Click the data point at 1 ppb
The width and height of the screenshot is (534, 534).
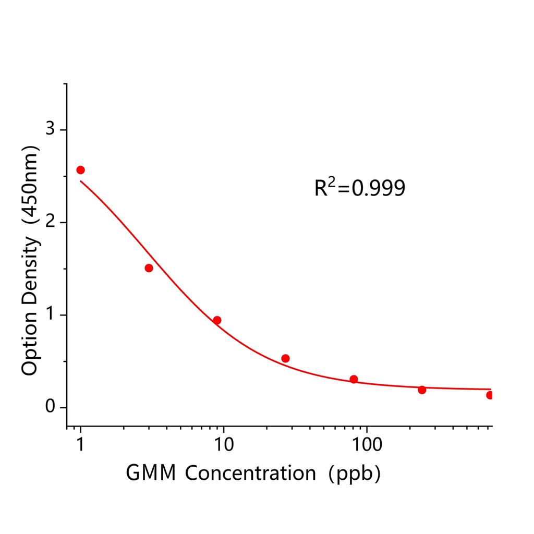pyautogui.click(x=80, y=170)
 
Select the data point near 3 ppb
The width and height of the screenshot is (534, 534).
pyautogui.click(x=149, y=268)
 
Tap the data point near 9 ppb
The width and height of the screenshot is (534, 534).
pyautogui.click(x=217, y=320)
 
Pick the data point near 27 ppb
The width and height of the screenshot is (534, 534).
pyautogui.click(x=285, y=358)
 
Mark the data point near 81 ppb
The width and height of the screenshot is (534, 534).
pyautogui.click(x=354, y=379)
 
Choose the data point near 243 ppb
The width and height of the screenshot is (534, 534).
pyautogui.click(x=422, y=390)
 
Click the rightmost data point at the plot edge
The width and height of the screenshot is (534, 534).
pyautogui.click(x=490, y=395)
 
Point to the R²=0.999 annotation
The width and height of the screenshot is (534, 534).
pyautogui.click(x=359, y=188)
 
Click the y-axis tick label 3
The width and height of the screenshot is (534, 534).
pyautogui.click(x=51, y=129)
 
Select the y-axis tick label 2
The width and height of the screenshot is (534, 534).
pyautogui.click(x=51, y=222)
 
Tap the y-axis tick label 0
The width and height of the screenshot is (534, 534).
pyautogui.click(x=51, y=407)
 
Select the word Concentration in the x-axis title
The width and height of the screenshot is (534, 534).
pyautogui.click(x=250, y=474)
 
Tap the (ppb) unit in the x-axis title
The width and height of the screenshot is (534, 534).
pyautogui.click(x=354, y=474)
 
